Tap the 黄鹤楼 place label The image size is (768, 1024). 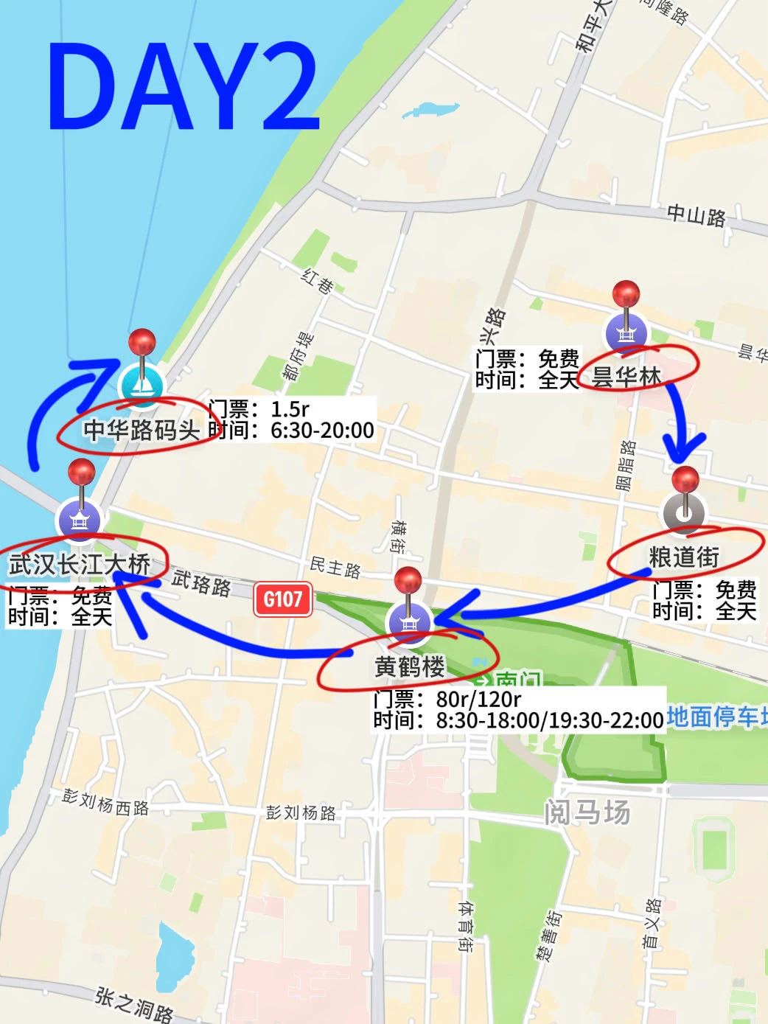point(409,666)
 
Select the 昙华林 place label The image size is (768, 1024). point(626,376)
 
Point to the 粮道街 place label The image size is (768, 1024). point(684,557)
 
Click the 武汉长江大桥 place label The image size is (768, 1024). point(80,565)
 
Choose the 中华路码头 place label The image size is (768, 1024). point(141,430)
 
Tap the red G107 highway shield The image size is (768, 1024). point(283,599)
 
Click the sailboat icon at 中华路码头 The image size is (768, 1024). point(142,385)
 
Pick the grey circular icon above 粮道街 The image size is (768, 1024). point(684,513)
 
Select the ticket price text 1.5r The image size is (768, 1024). point(290,409)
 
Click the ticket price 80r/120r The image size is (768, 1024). point(478,699)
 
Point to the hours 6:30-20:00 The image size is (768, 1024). point(322,430)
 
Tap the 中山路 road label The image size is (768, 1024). point(696,215)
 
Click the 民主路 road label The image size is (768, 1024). point(335,567)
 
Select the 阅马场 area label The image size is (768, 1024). point(587,812)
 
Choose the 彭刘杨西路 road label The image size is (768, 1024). point(105,803)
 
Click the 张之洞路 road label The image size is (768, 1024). point(134,1005)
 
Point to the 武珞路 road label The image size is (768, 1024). point(201,582)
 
